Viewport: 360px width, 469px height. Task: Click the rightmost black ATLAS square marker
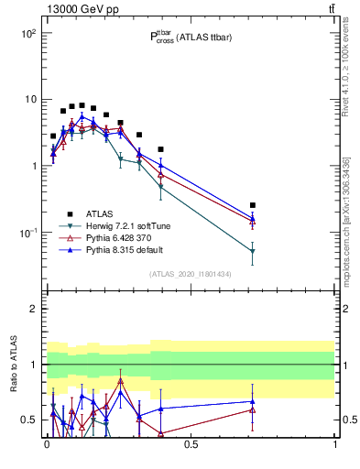[x=252, y=205]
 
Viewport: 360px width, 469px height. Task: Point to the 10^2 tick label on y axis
[x=27, y=33]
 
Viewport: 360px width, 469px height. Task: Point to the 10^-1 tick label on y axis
[x=27, y=233]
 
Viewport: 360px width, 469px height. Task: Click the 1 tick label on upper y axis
[x=33, y=166]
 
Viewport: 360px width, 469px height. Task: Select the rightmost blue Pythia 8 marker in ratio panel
[x=252, y=401]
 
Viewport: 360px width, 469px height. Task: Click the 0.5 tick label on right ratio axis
[x=349, y=420]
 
